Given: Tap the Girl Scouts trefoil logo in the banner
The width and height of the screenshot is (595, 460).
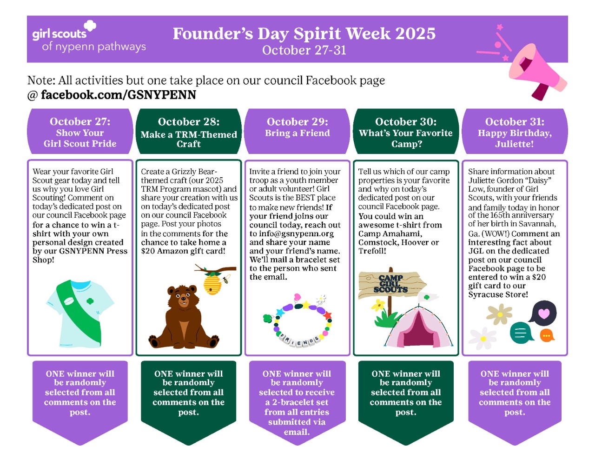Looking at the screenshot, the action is pyautogui.click(x=90, y=26).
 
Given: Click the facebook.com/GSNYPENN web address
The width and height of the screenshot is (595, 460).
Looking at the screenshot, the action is pyautogui.click(x=119, y=95).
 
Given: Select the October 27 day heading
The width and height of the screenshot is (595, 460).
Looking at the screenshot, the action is pyautogui.click(x=80, y=121).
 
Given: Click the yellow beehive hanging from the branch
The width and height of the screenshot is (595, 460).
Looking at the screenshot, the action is pyautogui.click(x=212, y=283).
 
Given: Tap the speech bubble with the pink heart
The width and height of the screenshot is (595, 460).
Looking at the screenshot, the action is pyautogui.click(x=543, y=313).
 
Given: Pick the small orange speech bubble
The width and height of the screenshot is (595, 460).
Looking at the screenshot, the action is pyautogui.click(x=547, y=335).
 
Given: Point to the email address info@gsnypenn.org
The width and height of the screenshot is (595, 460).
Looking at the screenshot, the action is pyautogui.click(x=297, y=233).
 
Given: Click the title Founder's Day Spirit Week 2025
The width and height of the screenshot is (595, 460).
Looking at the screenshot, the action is pyautogui.click(x=304, y=33).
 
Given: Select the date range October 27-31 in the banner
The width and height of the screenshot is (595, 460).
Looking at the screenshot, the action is pyautogui.click(x=304, y=50).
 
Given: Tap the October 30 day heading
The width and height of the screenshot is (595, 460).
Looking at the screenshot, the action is pyautogui.click(x=406, y=121).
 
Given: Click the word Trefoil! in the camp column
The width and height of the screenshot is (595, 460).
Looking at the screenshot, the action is pyautogui.click(x=372, y=251).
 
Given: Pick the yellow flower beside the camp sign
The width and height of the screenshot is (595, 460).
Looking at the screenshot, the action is pyautogui.click(x=378, y=305).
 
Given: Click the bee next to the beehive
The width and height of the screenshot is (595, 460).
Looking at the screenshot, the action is pyautogui.click(x=226, y=280).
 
